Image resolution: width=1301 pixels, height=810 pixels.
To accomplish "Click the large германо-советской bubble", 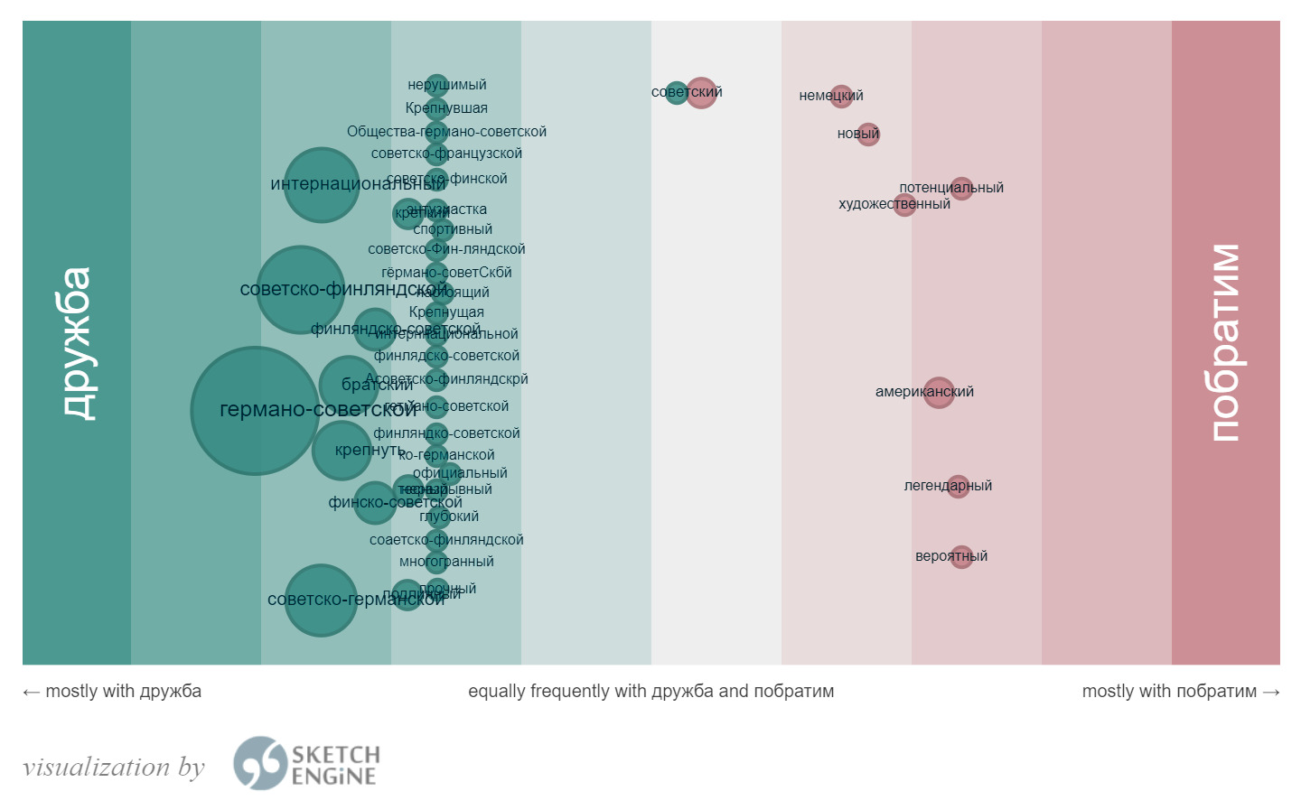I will coord(255,410).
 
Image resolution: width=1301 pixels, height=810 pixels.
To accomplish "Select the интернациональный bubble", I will coord(321,184).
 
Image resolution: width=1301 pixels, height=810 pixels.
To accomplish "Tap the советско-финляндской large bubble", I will coord(300,289).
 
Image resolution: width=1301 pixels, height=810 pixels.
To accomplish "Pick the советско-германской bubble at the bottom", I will coord(320,600).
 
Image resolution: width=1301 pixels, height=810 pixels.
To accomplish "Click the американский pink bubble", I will coord(939,392).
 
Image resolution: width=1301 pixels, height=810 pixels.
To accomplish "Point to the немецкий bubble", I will coord(841,95).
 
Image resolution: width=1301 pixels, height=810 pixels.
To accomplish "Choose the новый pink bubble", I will coord(868,134).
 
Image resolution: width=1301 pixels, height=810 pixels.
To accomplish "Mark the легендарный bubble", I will coord(959,486).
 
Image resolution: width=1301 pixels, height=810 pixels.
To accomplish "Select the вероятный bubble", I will coord(961,556).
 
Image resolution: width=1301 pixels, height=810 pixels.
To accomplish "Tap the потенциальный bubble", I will coord(962,188).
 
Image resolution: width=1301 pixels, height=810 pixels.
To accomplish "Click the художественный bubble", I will coord(904,205).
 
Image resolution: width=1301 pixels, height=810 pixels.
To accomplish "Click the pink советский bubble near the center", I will coord(701,92).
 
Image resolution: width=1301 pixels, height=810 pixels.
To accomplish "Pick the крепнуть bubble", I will coord(341,450).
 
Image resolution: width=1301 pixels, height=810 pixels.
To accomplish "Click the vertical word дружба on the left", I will coord(77,343).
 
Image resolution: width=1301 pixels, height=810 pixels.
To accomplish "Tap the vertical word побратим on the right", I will coord(1225,343).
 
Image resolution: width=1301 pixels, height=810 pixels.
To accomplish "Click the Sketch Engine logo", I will coord(305,764).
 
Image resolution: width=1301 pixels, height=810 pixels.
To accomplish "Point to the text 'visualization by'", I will coord(114,768).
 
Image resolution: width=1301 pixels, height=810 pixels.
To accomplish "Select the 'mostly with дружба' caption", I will coord(112,692).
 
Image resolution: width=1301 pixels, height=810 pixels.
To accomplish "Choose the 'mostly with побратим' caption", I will coord(1180,692).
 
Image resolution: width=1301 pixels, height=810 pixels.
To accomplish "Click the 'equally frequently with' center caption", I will coord(650,692).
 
